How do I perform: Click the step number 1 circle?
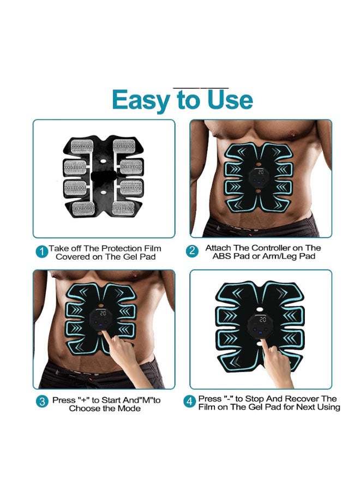coord(41,252)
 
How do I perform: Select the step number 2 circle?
coord(191,251)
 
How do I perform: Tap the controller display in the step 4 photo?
coord(262,320)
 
